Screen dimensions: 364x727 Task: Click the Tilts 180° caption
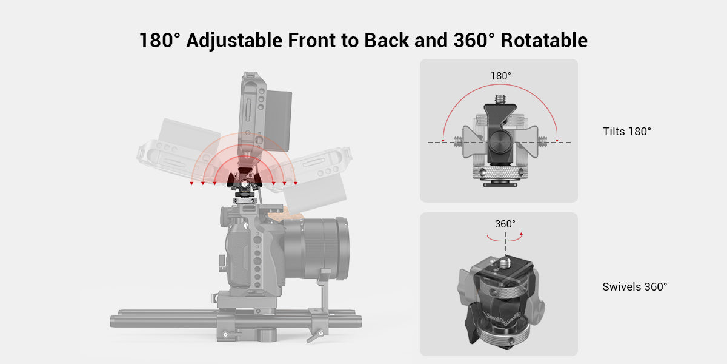click(x=626, y=131)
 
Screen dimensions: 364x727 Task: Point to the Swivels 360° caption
click(x=634, y=286)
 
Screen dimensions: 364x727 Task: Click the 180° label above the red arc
click(x=500, y=76)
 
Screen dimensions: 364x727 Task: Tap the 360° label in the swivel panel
click(x=505, y=224)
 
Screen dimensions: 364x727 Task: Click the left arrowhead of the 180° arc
click(x=443, y=141)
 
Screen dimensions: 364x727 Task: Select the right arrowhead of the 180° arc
click(x=556, y=141)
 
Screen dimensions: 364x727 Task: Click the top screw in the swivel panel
click(x=505, y=263)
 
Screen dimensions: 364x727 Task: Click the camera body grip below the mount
click(x=237, y=249)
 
